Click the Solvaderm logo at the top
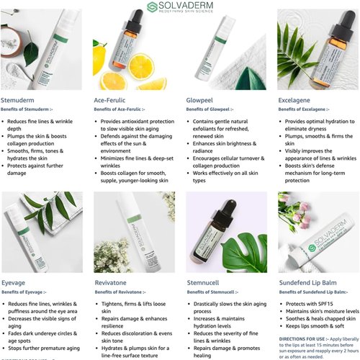pyautogui.click(x=179, y=8)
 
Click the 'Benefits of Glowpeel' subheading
pyautogui.click(x=208, y=109)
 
